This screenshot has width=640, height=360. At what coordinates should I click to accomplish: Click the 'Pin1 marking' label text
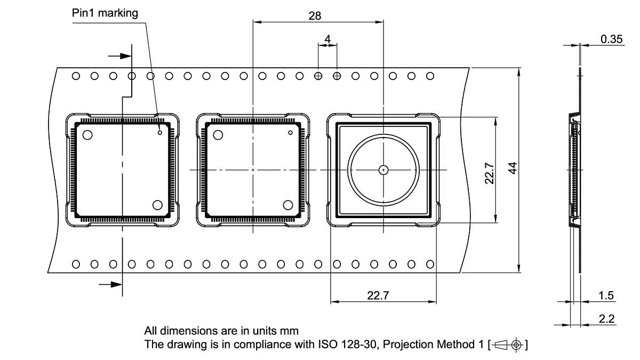tap(105, 13)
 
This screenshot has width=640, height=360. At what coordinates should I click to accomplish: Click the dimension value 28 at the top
tap(315, 15)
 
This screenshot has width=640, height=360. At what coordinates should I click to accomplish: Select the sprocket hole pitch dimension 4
tap(327, 39)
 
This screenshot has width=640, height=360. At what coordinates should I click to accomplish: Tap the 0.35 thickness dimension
tap(612, 39)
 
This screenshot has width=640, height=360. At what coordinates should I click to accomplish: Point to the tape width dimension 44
tap(512, 169)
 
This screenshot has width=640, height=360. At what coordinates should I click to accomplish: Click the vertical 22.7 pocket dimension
tap(489, 173)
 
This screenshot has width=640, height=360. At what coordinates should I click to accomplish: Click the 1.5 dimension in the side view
tap(606, 295)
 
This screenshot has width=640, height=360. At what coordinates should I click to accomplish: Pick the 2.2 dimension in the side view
tap(606, 319)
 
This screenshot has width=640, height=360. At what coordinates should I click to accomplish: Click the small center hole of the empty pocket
tap(383, 170)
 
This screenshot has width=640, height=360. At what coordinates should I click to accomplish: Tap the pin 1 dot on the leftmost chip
tap(159, 133)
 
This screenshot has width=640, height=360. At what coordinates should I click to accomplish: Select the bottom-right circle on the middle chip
tap(289, 205)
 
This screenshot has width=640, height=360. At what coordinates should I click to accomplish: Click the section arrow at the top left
tap(120, 55)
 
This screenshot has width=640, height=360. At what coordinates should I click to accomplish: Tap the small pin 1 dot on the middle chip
tap(290, 133)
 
